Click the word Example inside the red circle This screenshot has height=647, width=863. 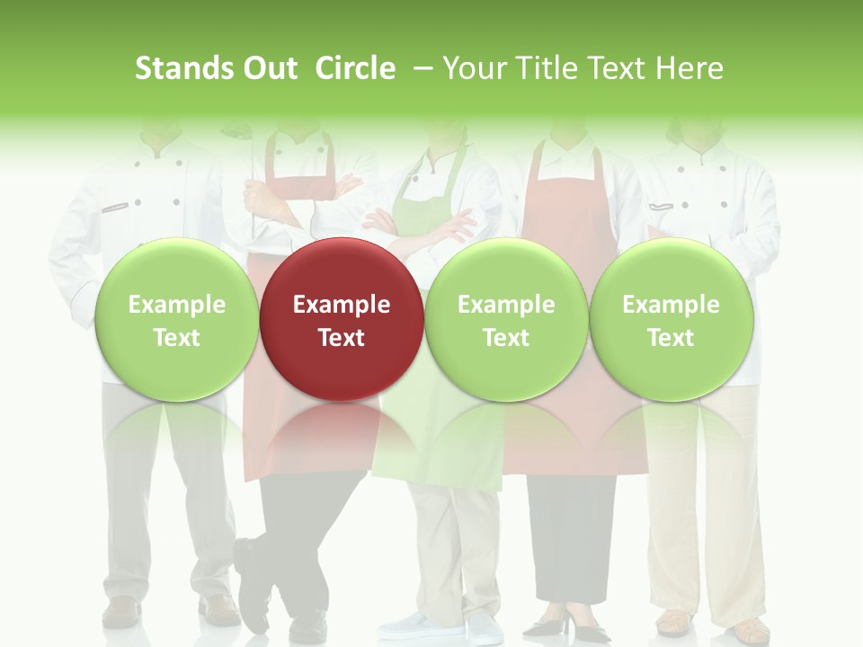pyautogui.click(x=342, y=305)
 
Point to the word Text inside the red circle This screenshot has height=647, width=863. pyautogui.click(x=342, y=338)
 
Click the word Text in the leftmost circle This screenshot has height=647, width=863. pyautogui.click(x=176, y=338)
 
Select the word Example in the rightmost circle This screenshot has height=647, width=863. pyautogui.click(x=672, y=305)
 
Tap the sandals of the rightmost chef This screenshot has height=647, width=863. pyautogui.click(x=710, y=623)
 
